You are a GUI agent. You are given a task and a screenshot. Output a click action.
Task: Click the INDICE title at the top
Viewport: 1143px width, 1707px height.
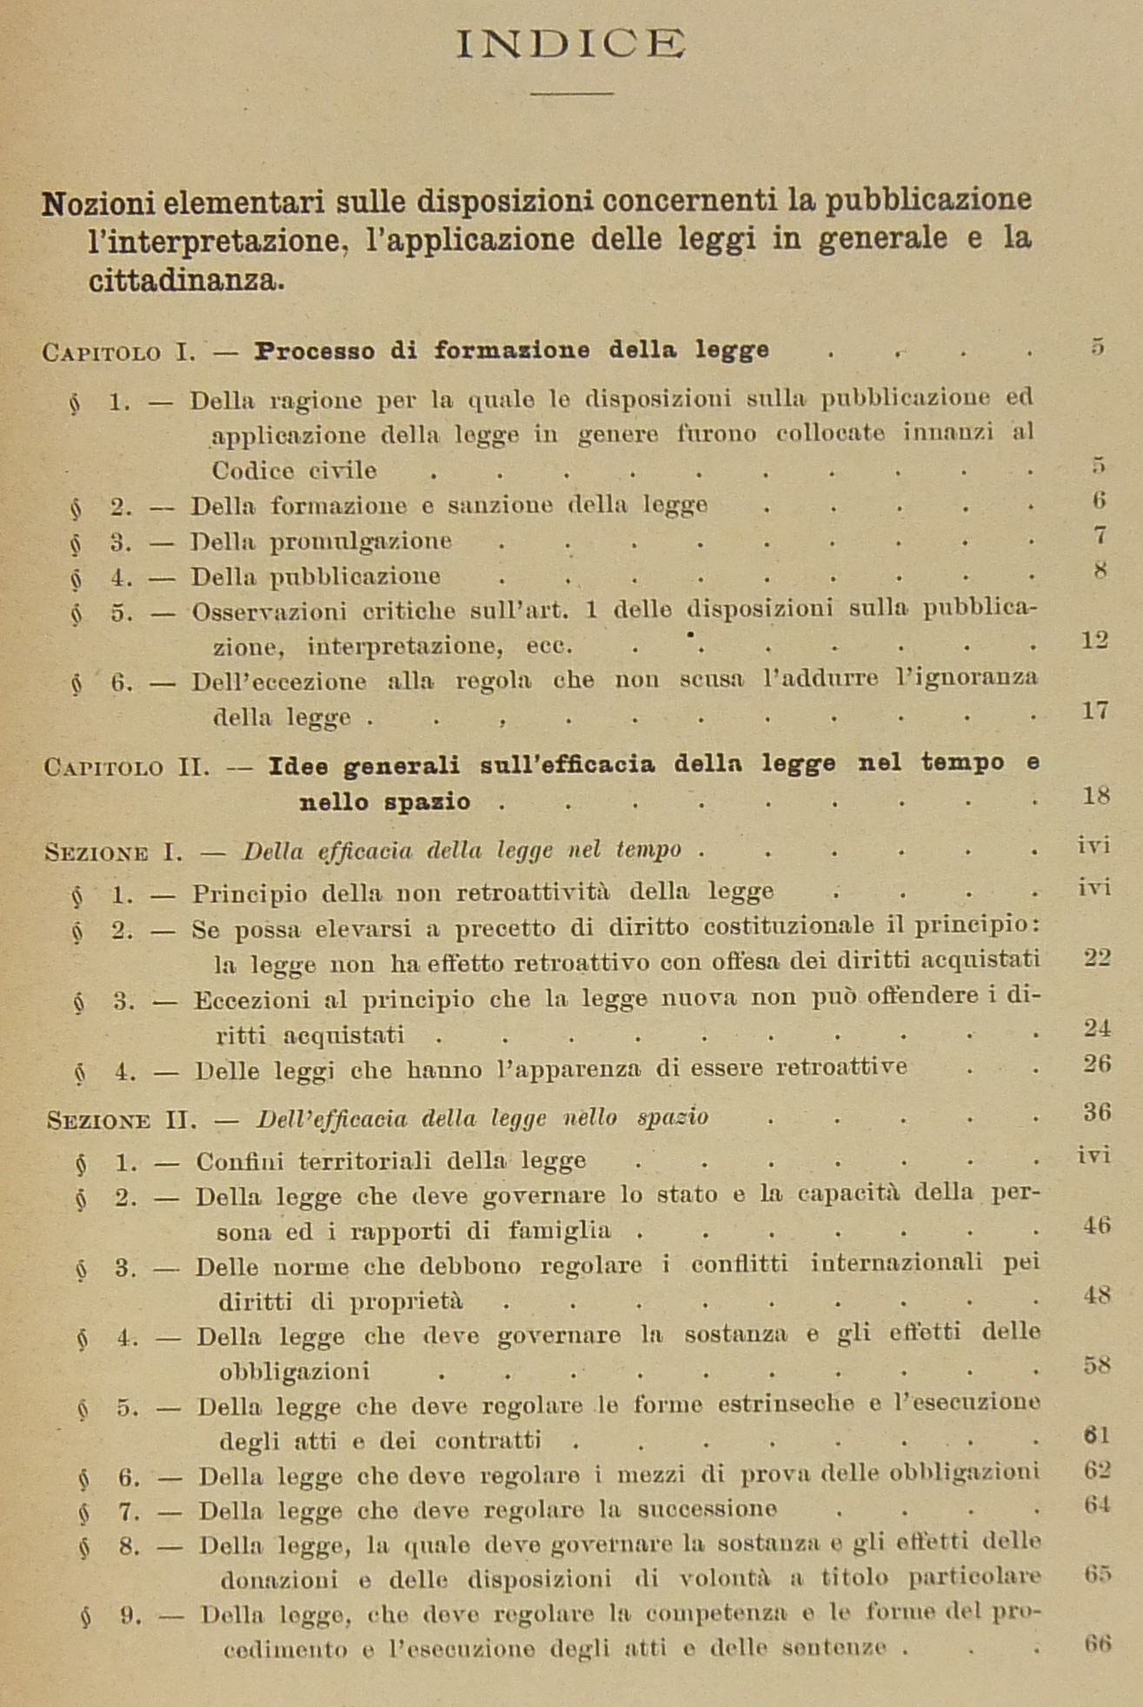point(571,43)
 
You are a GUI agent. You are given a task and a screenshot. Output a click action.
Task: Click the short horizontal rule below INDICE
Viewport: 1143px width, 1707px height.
point(572,92)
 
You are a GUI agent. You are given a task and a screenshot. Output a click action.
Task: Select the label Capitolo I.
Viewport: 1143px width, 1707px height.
point(119,353)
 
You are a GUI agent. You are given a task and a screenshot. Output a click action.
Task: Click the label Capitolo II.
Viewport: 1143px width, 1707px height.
point(127,767)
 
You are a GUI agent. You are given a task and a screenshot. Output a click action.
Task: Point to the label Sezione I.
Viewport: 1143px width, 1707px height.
point(114,853)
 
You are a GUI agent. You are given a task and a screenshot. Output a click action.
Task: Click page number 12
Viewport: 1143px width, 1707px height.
point(1093,641)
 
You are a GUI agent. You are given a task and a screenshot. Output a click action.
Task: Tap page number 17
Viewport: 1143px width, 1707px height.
point(1095,711)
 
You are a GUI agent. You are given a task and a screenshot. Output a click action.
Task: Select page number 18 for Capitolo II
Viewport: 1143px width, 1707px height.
point(1096,795)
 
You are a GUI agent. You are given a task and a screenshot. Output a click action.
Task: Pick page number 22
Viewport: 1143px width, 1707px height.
point(1097,958)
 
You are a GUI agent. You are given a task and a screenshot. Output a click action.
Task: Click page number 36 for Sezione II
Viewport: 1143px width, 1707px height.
point(1097,1113)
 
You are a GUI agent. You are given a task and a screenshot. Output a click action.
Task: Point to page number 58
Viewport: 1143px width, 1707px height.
point(1097,1365)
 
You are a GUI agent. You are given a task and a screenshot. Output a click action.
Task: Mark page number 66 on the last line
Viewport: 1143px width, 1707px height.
point(1098,1644)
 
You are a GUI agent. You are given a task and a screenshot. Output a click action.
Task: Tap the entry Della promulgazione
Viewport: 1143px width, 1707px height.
point(321,541)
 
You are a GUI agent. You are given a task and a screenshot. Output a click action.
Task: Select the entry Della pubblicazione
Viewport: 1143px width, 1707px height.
point(316,576)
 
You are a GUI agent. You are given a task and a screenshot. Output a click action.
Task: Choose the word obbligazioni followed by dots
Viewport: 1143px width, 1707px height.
point(294,1372)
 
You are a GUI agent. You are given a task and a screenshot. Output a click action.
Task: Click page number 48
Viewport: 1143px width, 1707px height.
point(1097,1295)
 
